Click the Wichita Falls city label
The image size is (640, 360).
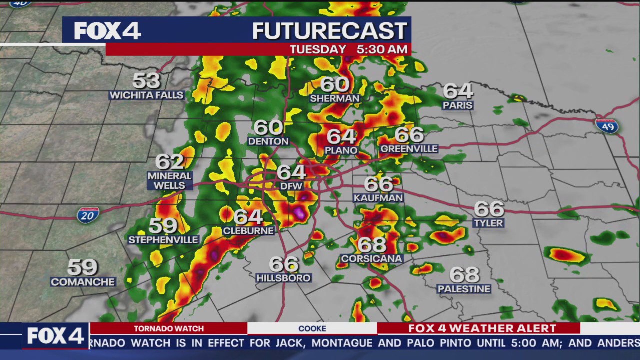click(x=146, y=95)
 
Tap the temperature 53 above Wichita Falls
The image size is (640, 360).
click(x=146, y=80)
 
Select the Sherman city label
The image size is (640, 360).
click(x=335, y=98)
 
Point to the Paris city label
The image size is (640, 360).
click(x=457, y=105)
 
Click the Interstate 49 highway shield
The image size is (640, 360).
click(x=607, y=125)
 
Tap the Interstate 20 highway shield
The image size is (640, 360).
click(x=88, y=215)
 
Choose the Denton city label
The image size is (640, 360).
click(x=268, y=141)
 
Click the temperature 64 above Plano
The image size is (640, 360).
click(x=341, y=136)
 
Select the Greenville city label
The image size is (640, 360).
click(x=409, y=149)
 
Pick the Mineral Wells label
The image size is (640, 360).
click(x=170, y=180)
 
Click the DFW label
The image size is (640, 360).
click(x=291, y=186)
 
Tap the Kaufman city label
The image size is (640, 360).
click(x=378, y=198)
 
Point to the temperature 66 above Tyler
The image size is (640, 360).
click(x=489, y=208)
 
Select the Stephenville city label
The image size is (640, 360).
click(x=163, y=240)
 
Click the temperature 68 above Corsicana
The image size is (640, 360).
click(x=372, y=245)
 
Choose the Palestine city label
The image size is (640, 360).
click(x=464, y=289)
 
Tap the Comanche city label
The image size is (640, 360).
click(x=83, y=282)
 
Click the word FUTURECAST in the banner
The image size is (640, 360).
click(x=329, y=31)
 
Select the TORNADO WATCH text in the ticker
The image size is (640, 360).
click(x=169, y=328)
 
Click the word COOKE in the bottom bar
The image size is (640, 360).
click(x=312, y=328)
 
